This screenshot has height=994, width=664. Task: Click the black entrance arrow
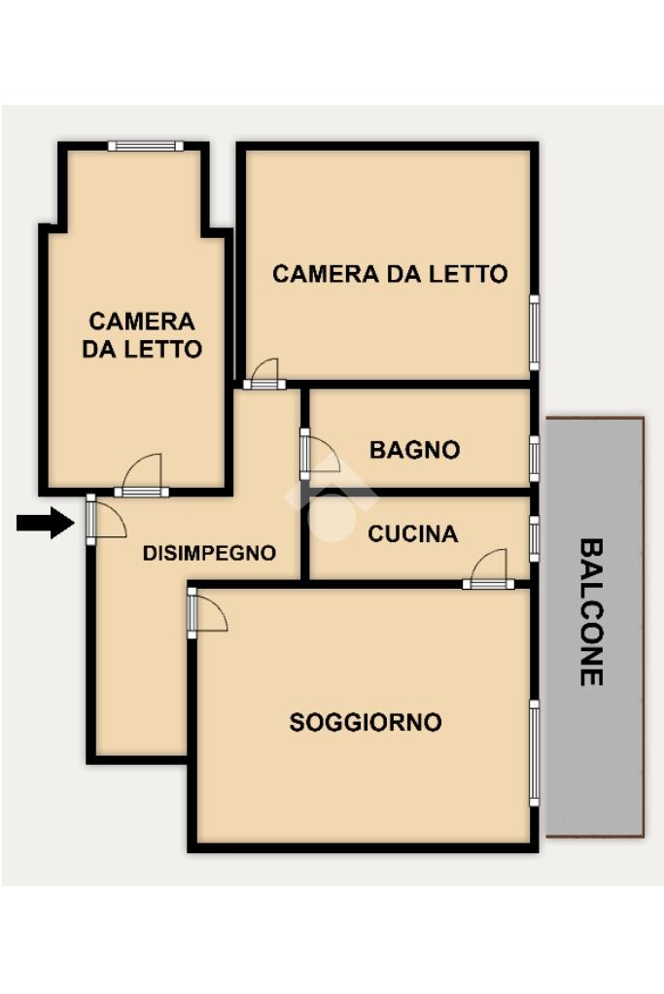(x=45, y=523)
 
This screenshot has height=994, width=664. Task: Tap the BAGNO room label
(x=415, y=450)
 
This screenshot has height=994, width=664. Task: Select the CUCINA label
(x=413, y=533)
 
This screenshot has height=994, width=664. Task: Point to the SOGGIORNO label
(x=366, y=722)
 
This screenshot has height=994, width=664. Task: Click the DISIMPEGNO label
(x=209, y=553)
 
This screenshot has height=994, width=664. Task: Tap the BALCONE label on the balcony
(x=591, y=612)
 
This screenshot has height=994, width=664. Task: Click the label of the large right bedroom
(x=390, y=274)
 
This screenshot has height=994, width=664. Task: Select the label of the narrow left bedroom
(x=142, y=334)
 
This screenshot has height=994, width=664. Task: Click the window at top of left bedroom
(x=146, y=146)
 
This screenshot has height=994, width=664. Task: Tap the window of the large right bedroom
(x=535, y=332)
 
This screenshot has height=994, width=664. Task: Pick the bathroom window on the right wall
(x=535, y=459)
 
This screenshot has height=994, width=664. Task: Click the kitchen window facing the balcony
(x=535, y=539)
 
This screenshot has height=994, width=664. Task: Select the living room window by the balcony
(x=535, y=753)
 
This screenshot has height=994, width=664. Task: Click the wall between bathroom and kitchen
(x=420, y=492)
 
